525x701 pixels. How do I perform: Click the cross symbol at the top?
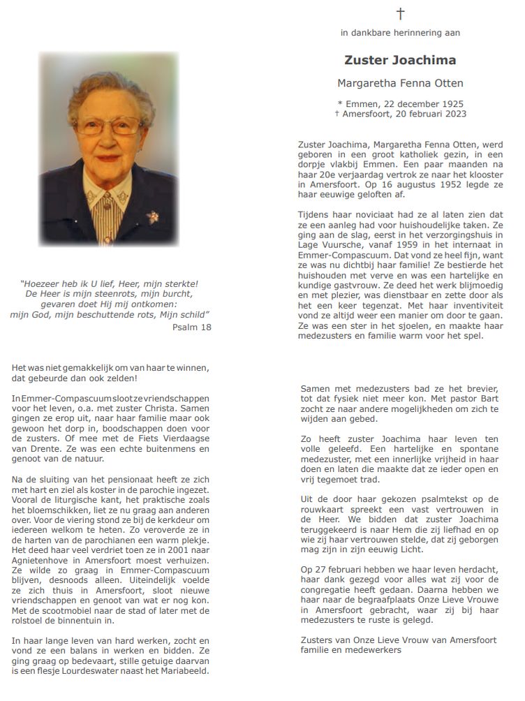(x=400, y=13)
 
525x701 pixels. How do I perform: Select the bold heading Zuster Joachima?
(x=400, y=60)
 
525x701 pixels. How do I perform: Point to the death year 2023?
(x=453, y=114)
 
